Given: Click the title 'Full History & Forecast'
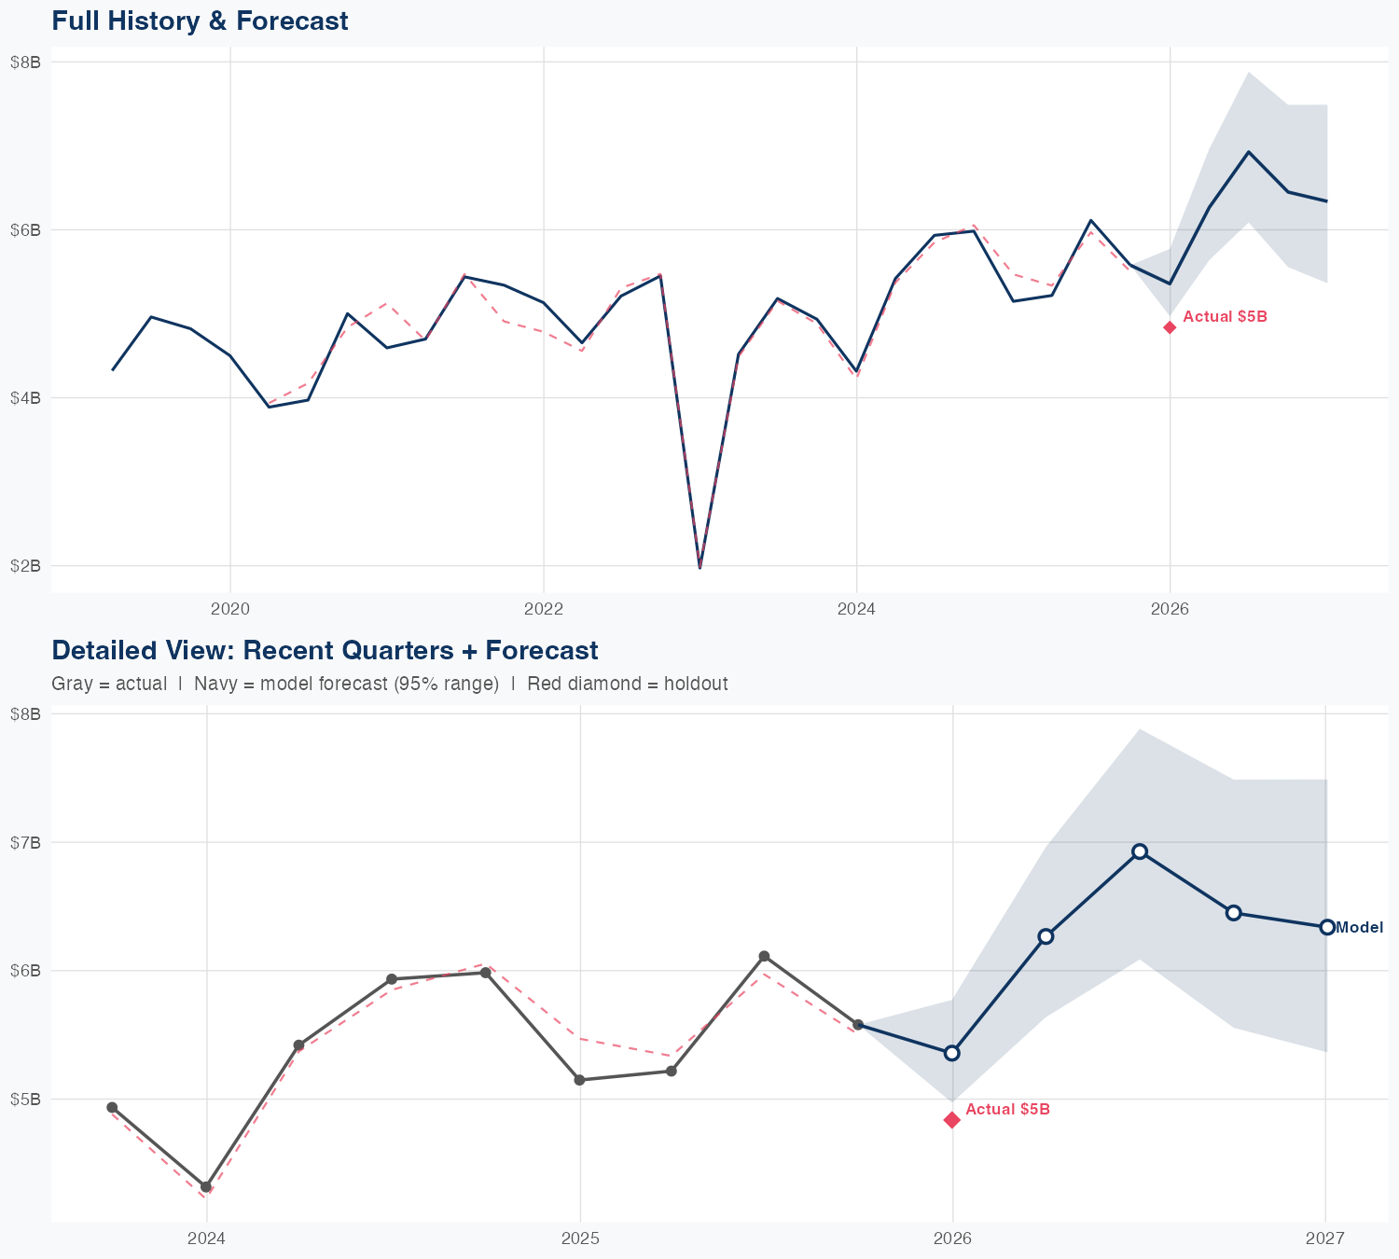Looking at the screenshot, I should [x=200, y=21].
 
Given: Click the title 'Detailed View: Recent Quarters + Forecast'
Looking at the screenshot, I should [x=325, y=650].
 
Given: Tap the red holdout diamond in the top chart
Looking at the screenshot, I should [x=1170, y=326].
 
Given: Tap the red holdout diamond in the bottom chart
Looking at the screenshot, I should [x=952, y=1119].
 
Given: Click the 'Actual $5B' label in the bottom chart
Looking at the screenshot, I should [x=1007, y=1109].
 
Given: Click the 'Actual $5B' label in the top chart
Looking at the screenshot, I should [x=1225, y=317].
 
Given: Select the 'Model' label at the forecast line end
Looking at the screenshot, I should [x=1359, y=927].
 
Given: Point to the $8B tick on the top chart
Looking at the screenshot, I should [x=25, y=62].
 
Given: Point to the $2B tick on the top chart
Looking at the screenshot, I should [x=25, y=566].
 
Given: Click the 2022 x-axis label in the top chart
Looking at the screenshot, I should [x=544, y=610].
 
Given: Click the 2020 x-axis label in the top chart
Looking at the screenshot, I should [x=230, y=610].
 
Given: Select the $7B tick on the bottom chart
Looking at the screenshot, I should [x=25, y=842].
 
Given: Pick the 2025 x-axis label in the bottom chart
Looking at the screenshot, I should [x=580, y=1238].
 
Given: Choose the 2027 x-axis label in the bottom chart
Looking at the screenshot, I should [x=1325, y=1238].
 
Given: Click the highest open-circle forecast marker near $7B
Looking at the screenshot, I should [x=1140, y=851].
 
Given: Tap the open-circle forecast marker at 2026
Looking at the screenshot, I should [x=952, y=1053].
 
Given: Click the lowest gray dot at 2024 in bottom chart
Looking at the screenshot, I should [x=206, y=1187].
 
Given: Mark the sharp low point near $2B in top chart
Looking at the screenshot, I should [x=699, y=566].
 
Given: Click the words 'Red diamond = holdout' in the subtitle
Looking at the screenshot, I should [x=627, y=684].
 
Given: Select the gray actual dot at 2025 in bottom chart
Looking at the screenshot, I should [x=579, y=1080].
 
